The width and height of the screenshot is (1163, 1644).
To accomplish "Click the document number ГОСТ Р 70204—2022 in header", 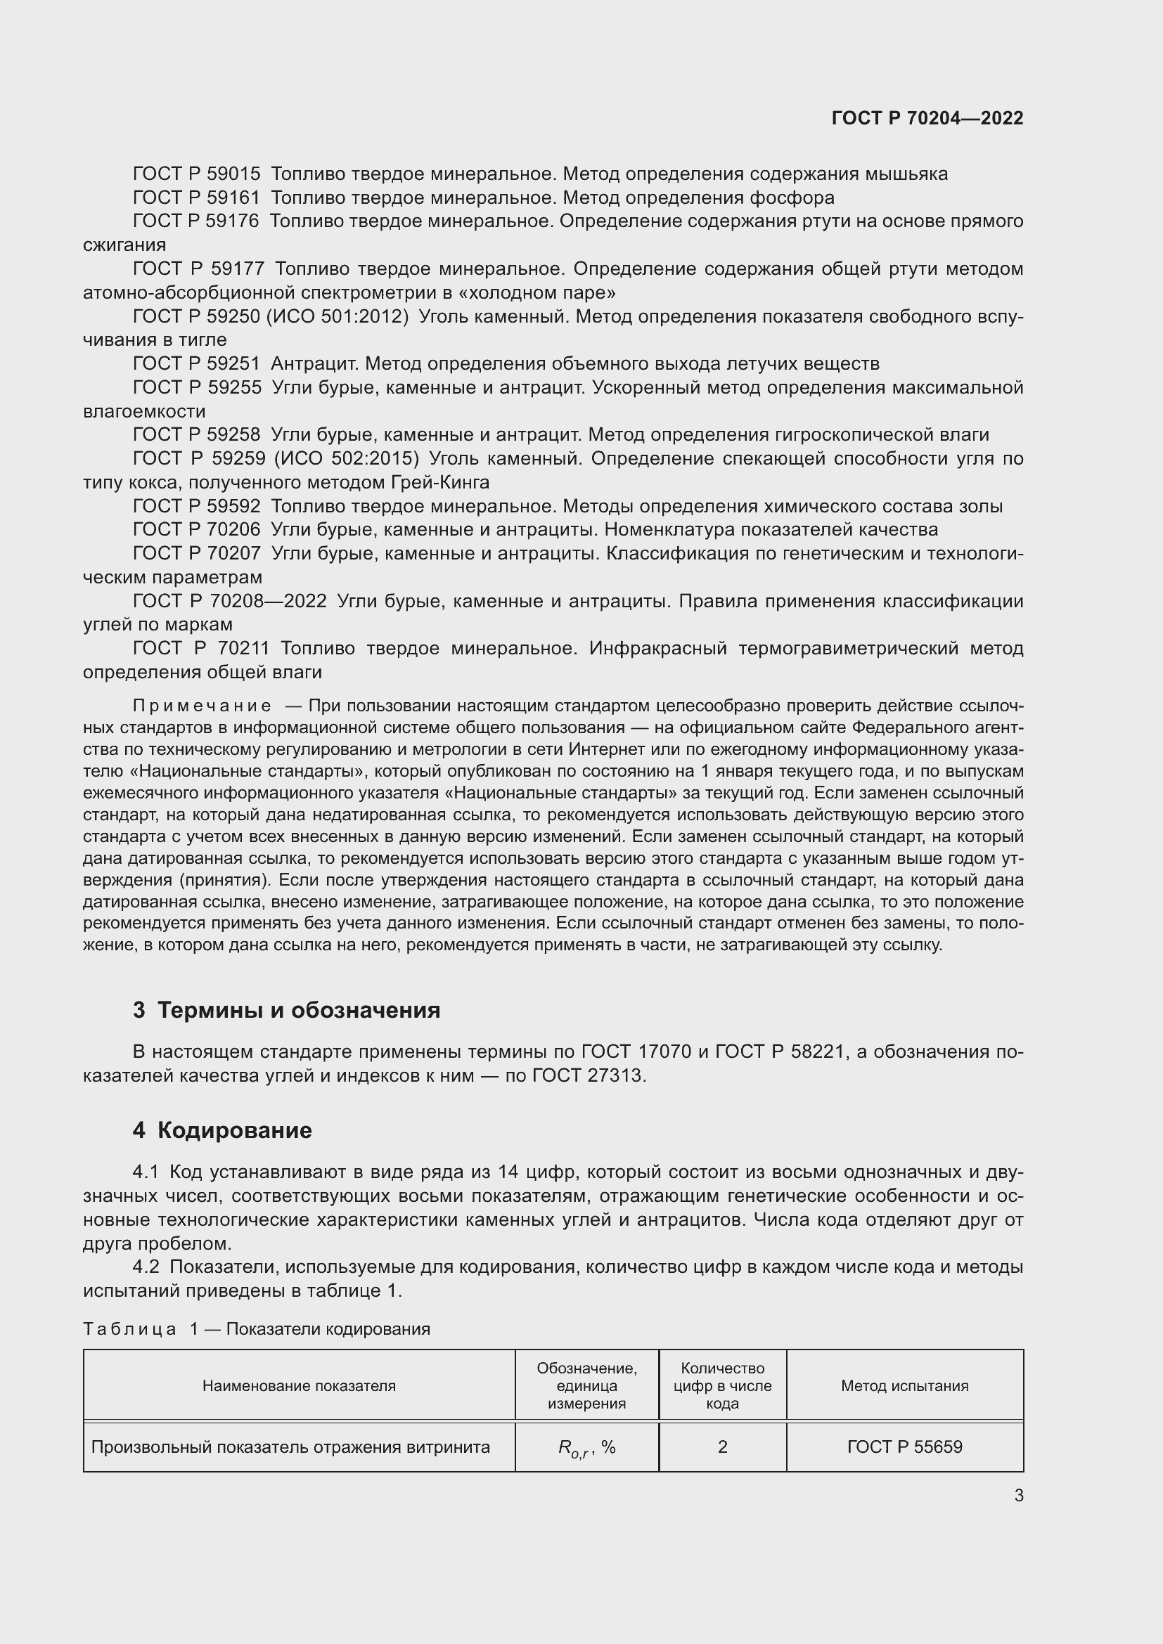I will pyautogui.click(x=927, y=119).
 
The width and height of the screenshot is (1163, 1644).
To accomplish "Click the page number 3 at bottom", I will pyautogui.click(x=1018, y=1496).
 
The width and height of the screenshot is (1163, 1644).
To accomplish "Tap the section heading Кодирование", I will pyautogui.click(x=234, y=1131).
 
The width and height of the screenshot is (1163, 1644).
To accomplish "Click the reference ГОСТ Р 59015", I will pyautogui.click(x=197, y=174).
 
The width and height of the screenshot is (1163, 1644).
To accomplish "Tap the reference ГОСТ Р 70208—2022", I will pyautogui.click(x=230, y=601).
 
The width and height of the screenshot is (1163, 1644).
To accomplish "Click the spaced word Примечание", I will pyautogui.click(x=202, y=706).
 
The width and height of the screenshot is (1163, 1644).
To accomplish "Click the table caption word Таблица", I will pyautogui.click(x=129, y=1329).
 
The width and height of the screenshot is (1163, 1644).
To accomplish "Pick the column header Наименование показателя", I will pyautogui.click(x=299, y=1385).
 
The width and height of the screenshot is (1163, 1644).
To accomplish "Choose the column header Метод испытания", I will pyautogui.click(x=904, y=1385).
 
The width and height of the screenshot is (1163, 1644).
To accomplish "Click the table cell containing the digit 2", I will pyautogui.click(x=722, y=1447).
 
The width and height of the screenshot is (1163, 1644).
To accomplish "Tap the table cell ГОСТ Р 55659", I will pyautogui.click(x=904, y=1447).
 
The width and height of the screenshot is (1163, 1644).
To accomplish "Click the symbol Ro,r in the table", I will pyautogui.click(x=574, y=1449).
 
